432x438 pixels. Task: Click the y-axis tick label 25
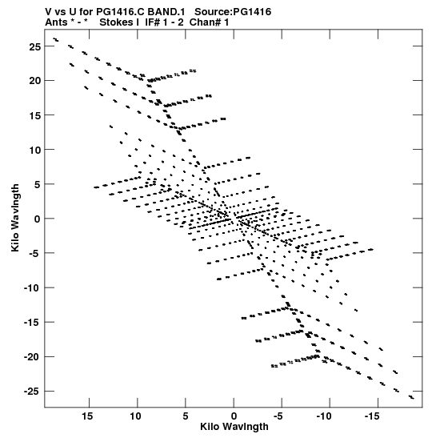coord(34,46)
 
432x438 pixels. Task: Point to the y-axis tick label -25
coord(32,392)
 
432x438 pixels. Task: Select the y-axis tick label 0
coord(37,219)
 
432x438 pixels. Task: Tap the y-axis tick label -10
coord(32,287)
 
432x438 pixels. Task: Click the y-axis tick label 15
coord(34,115)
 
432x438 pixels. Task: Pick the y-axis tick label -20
coord(32,357)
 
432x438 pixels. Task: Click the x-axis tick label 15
coord(87,416)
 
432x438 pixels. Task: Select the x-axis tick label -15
coord(372,416)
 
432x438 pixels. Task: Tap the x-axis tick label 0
coord(234,416)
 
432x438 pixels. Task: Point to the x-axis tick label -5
coord(278,416)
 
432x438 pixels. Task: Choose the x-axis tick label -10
coord(324,416)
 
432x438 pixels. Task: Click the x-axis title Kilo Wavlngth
coord(234,427)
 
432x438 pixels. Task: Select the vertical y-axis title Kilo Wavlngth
coord(15,218)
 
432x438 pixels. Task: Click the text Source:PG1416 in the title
coord(233,12)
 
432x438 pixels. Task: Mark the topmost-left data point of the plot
coord(54,38)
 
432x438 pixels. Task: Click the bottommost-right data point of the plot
coord(413,398)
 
